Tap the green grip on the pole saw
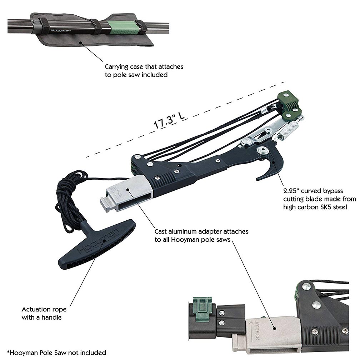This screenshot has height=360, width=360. (121, 27)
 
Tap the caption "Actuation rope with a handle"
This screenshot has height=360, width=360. (44, 313)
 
